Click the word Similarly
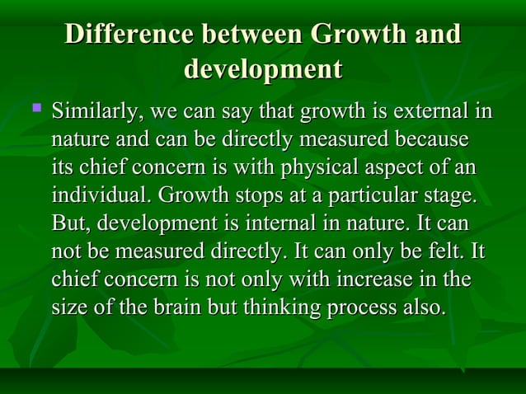89,110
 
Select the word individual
99,195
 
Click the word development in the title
262,68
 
